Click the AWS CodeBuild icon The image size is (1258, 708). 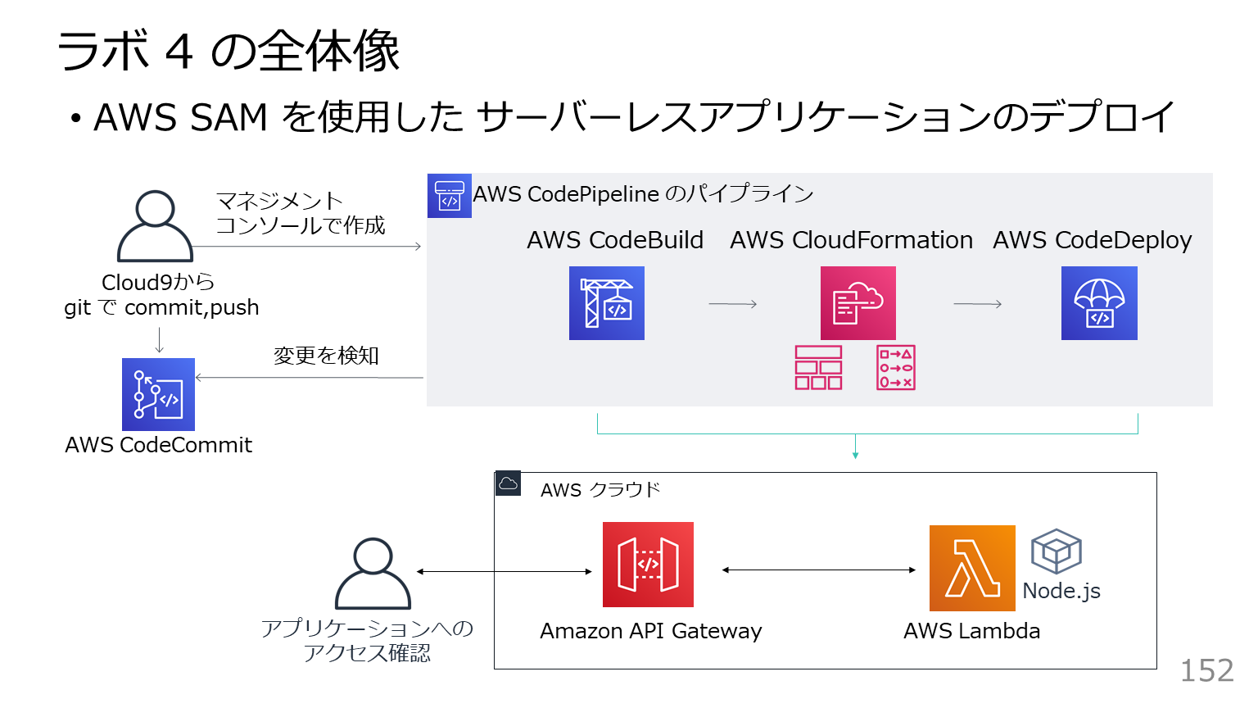[x=607, y=303]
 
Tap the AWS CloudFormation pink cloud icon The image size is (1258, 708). [x=858, y=303]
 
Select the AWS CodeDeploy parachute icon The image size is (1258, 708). [x=1099, y=303]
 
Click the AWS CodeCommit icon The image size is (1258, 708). [x=158, y=394]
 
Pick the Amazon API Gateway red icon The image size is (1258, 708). [x=648, y=565]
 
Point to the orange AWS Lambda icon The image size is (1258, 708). [x=972, y=568]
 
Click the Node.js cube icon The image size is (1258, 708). [x=1057, y=551]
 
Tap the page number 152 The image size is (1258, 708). [x=1206, y=671]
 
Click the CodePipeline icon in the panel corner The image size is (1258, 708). [x=450, y=196]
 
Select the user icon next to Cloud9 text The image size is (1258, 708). [x=155, y=226]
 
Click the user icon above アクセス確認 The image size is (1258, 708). [x=373, y=574]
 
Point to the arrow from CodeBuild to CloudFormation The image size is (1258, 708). [x=733, y=304]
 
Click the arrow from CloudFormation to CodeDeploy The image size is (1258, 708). [x=978, y=304]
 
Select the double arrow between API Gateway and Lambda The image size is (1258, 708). [x=819, y=570]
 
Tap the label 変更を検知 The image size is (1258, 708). [x=326, y=356]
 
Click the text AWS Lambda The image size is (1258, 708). [x=971, y=631]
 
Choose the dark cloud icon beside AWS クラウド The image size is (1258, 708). [x=508, y=483]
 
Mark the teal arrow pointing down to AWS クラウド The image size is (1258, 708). [x=855, y=447]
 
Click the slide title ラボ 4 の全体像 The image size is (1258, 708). [x=229, y=51]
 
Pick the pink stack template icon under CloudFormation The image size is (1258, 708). [x=818, y=367]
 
